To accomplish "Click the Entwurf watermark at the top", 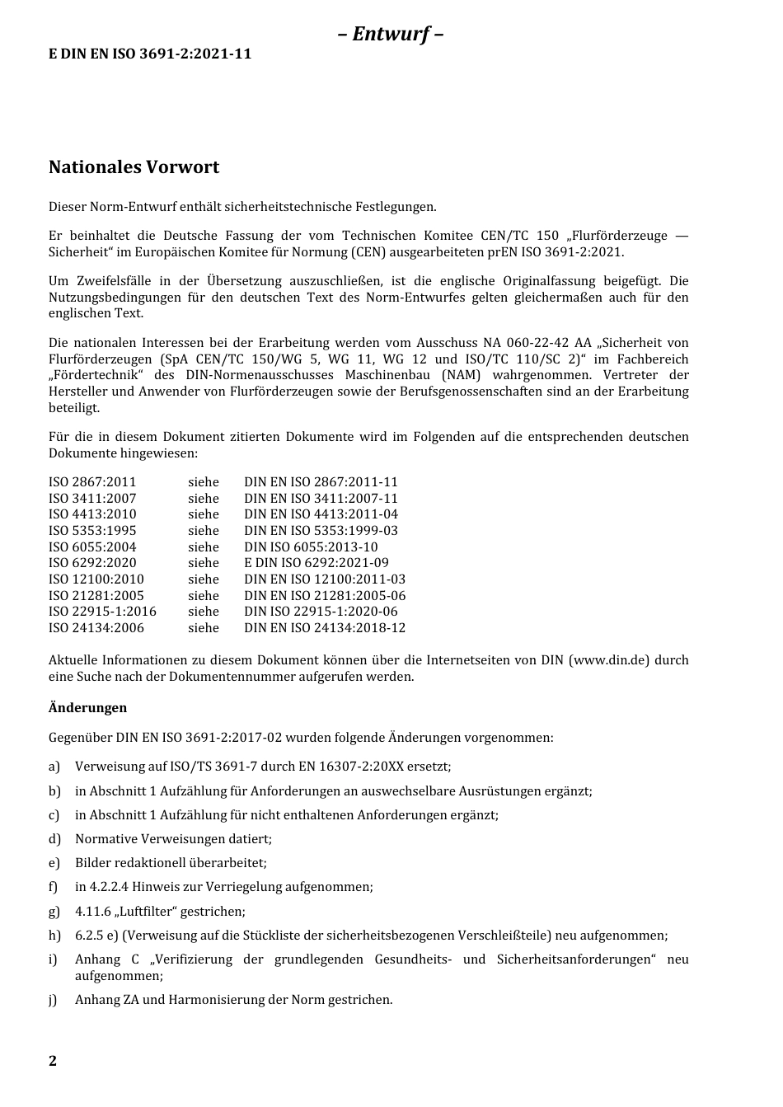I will (391, 34).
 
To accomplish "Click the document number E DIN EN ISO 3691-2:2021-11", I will (150, 54).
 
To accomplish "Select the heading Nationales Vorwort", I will (134, 167).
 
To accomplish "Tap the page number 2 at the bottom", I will (53, 1061).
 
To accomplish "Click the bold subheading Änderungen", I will (87, 707).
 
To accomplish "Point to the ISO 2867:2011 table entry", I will (92, 482).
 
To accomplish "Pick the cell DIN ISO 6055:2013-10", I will (311, 546).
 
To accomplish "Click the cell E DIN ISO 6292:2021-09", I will (316, 563).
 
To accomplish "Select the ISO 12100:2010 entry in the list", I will (96, 579).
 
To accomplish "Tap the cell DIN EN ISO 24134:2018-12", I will (325, 628).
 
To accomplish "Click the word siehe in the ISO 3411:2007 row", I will (203, 499).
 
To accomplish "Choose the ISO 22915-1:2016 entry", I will (102, 612).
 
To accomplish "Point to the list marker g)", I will (54, 912).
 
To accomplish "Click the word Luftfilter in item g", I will (146, 912).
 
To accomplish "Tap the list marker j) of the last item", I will (54, 1000).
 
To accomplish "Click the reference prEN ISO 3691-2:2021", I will (555, 252).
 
